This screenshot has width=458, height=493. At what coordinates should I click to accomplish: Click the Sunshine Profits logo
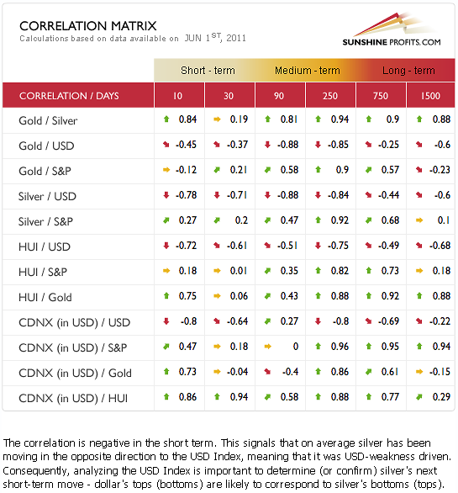click(392, 29)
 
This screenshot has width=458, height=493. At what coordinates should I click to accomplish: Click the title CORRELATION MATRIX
click(88, 26)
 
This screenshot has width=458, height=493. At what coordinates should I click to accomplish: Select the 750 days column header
click(381, 96)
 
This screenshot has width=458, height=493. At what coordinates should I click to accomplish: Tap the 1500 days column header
click(430, 96)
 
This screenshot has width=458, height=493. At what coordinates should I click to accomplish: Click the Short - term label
click(208, 71)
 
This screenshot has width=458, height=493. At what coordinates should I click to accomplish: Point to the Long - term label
click(408, 71)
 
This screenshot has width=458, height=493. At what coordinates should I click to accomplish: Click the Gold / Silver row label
click(48, 121)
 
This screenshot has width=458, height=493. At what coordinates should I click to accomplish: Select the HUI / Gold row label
click(45, 297)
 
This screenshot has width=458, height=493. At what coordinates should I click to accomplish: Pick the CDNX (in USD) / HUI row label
click(73, 398)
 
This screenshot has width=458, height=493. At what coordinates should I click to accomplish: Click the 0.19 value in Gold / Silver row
click(239, 119)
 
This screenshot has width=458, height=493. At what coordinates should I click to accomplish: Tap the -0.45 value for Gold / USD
click(186, 145)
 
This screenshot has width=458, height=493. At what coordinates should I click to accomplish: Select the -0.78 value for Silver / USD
click(186, 195)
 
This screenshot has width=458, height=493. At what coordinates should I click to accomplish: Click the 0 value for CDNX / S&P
click(296, 347)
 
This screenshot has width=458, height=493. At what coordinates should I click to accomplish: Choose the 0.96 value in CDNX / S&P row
click(340, 347)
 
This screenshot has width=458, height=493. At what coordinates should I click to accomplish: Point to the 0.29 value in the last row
click(441, 397)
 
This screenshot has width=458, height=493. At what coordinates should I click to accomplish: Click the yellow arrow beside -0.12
click(166, 170)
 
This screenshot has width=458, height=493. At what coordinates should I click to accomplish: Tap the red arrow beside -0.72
click(166, 246)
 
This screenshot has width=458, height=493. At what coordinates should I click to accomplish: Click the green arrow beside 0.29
click(419, 397)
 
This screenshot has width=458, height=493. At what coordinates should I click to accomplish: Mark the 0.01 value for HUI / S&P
click(239, 271)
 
